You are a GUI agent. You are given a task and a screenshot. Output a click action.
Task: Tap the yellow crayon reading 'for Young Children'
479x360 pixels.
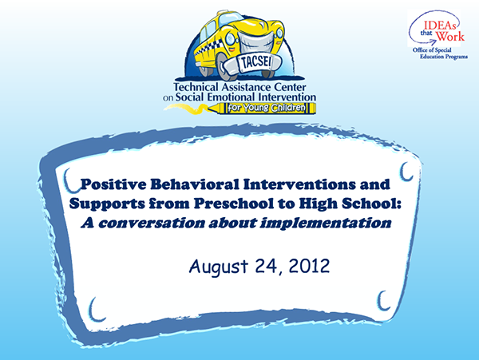tap(262, 108)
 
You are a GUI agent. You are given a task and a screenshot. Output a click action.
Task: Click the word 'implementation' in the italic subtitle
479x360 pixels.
tap(326, 224)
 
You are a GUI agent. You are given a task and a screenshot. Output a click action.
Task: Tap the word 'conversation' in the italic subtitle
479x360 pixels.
tap(152, 224)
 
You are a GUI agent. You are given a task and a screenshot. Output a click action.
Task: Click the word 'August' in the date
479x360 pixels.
tap(219, 267)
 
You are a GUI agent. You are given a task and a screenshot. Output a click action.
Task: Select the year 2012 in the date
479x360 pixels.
tap(309, 266)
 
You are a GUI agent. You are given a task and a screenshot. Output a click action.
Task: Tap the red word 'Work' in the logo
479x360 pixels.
tap(450, 37)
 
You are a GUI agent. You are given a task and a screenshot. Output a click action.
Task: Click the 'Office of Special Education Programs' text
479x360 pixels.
tap(440, 53)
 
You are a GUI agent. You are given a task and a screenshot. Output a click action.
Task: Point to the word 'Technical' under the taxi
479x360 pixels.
tap(196, 87)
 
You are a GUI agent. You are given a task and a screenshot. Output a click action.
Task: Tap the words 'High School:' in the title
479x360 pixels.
tap(350, 204)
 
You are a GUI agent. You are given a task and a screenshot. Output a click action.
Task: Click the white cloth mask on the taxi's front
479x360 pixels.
tap(255, 42)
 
